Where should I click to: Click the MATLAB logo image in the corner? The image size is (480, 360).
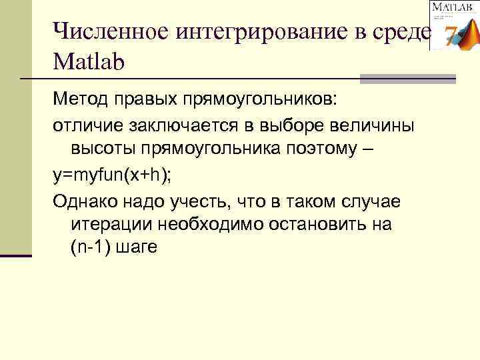click(453, 25)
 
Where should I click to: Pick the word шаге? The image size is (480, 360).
click(136, 249)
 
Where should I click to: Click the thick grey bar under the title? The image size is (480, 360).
click(407, 79)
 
